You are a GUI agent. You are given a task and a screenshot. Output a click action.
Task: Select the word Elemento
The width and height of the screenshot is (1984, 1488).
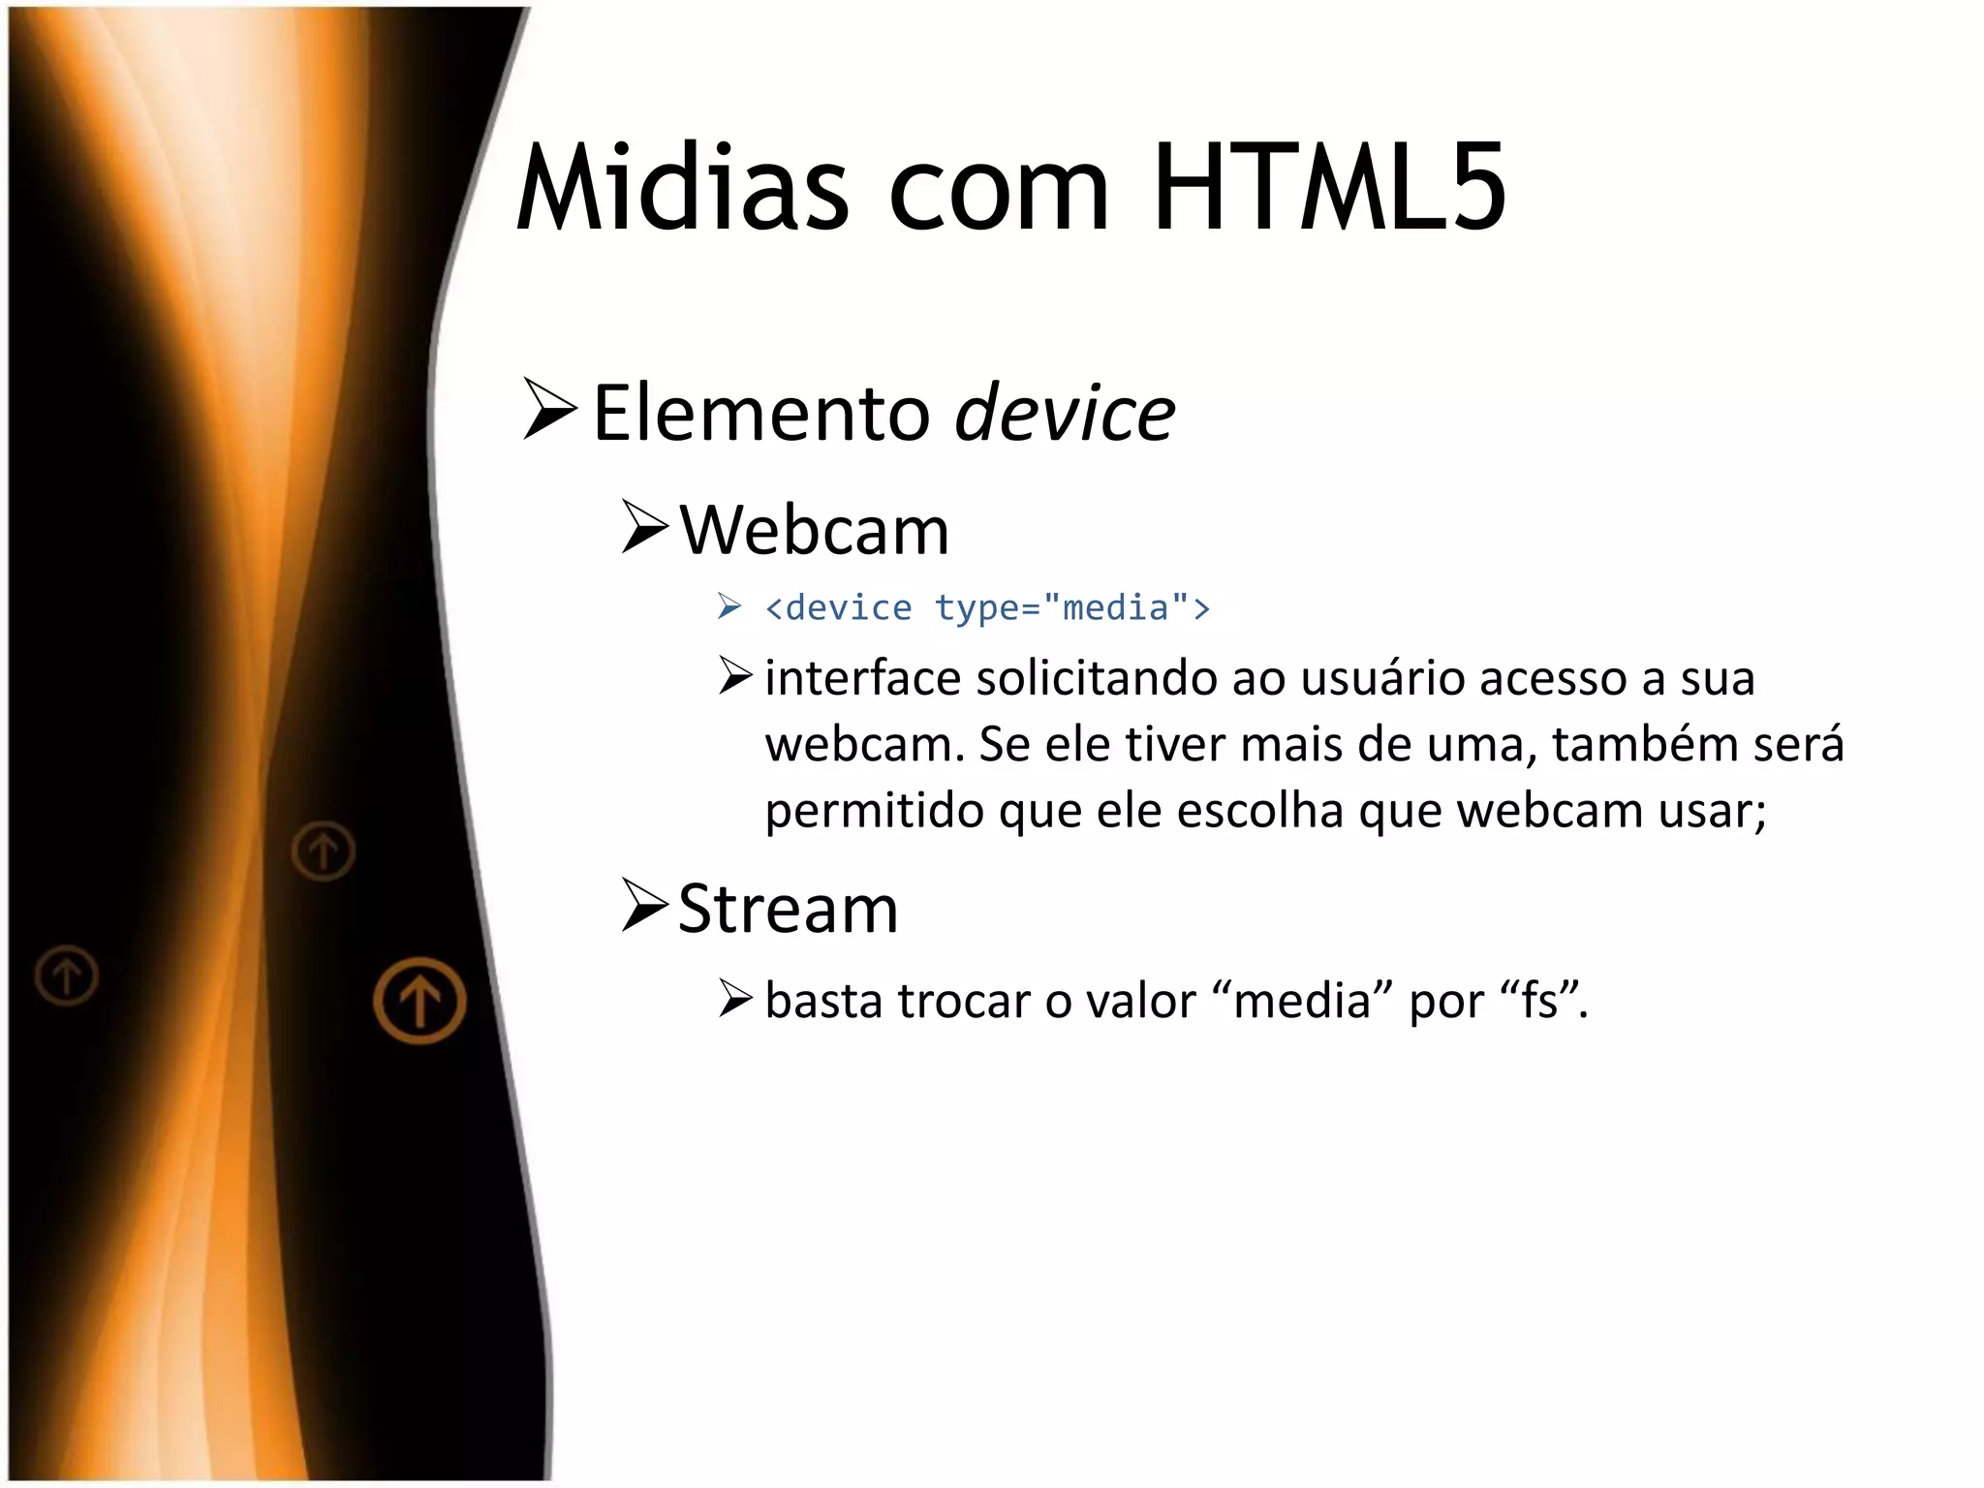(x=760, y=414)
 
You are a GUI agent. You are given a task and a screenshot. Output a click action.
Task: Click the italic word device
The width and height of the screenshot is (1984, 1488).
(x=1065, y=414)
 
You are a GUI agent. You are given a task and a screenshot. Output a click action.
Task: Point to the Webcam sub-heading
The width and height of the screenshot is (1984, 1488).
(x=814, y=531)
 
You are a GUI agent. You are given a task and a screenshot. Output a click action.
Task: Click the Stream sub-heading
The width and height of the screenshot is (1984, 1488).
(x=788, y=909)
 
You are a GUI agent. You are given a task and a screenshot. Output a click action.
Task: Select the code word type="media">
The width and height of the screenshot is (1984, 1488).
(x=1072, y=608)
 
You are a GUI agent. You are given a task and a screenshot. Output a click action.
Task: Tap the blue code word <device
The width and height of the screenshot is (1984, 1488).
(x=838, y=608)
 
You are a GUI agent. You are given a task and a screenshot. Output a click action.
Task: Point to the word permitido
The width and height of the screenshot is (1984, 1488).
(x=875, y=810)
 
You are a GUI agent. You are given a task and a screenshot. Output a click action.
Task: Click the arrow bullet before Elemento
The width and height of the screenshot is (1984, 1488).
(x=549, y=410)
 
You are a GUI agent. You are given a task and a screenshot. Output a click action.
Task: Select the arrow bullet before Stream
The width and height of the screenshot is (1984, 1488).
(x=644, y=905)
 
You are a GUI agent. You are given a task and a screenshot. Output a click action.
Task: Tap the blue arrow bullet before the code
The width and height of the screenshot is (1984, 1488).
(x=729, y=607)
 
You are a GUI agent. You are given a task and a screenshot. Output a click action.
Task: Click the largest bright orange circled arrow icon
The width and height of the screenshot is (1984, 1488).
(x=419, y=1000)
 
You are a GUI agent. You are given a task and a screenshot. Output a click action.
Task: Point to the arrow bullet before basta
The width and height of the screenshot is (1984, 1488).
(x=735, y=998)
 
